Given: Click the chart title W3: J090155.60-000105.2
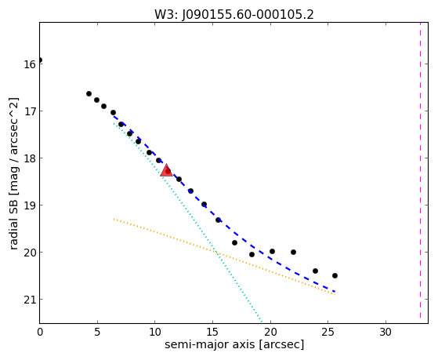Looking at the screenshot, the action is pyautogui.click(x=234, y=14).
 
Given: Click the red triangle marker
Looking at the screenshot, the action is pyautogui.click(x=166, y=171).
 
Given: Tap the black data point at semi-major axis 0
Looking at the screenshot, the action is pyautogui.click(x=40, y=60).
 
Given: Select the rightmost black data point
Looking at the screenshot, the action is pyautogui.click(x=335, y=276).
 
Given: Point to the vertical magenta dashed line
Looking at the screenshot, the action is pyautogui.click(x=420, y=170).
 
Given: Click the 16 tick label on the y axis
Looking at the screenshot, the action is pyautogui.click(x=30, y=64).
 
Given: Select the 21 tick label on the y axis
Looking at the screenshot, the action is pyautogui.click(x=30, y=300).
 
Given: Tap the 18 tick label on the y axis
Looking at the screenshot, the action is pyautogui.click(x=30, y=158).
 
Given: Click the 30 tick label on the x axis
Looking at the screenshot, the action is pyautogui.click(x=386, y=333).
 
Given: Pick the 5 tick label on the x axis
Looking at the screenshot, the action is pyautogui.click(x=97, y=333).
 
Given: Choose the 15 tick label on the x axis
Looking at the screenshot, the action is pyautogui.click(x=212, y=333).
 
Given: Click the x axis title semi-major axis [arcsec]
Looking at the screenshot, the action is pyautogui.click(x=234, y=344).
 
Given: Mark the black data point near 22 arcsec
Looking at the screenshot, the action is pyautogui.click(x=293, y=253).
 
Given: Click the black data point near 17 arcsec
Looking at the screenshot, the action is pyautogui.click(x=234, y=243).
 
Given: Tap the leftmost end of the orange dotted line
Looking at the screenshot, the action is pyautogui.click(x=114, y=219).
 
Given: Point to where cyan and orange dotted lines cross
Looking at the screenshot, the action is pyautogui.click(x=217, y=253).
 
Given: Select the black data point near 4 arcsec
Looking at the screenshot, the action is pyautogui.click(x=89, y=93).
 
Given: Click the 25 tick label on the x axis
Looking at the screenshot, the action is pyautogui.click(x=328, y=333).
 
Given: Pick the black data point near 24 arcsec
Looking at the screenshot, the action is pyautogui.click(x=315, y=271).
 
